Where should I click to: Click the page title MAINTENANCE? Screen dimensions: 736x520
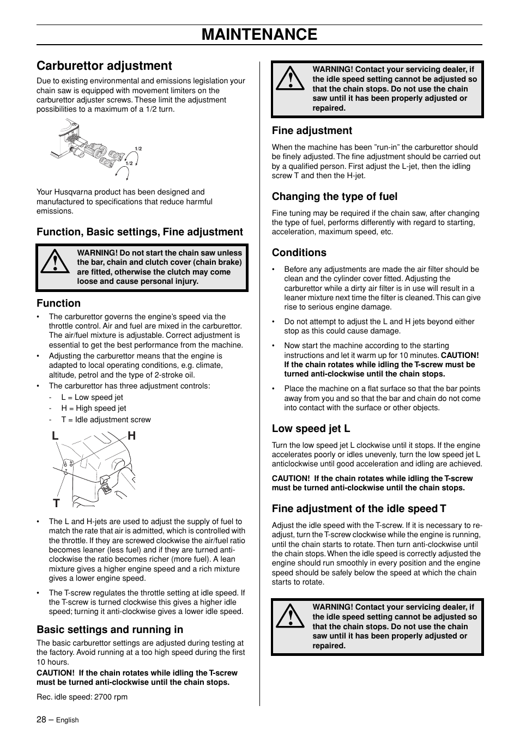click(259, 34)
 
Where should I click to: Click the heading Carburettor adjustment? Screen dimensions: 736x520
click(104, 65)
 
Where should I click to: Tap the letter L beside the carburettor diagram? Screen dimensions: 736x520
click(56, 436)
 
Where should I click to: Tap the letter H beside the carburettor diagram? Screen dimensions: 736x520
click(131, 436)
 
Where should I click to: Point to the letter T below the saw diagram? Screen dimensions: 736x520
click(56, 502)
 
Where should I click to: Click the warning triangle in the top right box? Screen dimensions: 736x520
click(290, 80)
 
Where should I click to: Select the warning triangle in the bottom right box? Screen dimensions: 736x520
click(290, 617)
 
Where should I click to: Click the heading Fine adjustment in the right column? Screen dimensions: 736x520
click(312, 131)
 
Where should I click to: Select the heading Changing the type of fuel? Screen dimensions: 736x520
click(334, 197)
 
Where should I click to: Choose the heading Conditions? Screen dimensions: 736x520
click(299, 253)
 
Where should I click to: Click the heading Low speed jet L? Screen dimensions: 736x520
click(311, 429)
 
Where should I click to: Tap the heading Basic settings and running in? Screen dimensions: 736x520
click(110, 630)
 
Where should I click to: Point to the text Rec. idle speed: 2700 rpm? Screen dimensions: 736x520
click(82, 697)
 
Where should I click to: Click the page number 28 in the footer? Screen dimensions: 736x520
click(41, 719)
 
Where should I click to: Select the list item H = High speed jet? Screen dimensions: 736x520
click(93, 408)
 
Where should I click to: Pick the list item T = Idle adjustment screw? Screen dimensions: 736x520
click(106, 419)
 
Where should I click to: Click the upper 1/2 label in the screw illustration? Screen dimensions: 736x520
click(138, 149)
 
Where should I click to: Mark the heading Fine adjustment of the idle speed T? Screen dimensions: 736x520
click(359, 509)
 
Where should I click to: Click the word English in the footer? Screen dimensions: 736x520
click(68, 720)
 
